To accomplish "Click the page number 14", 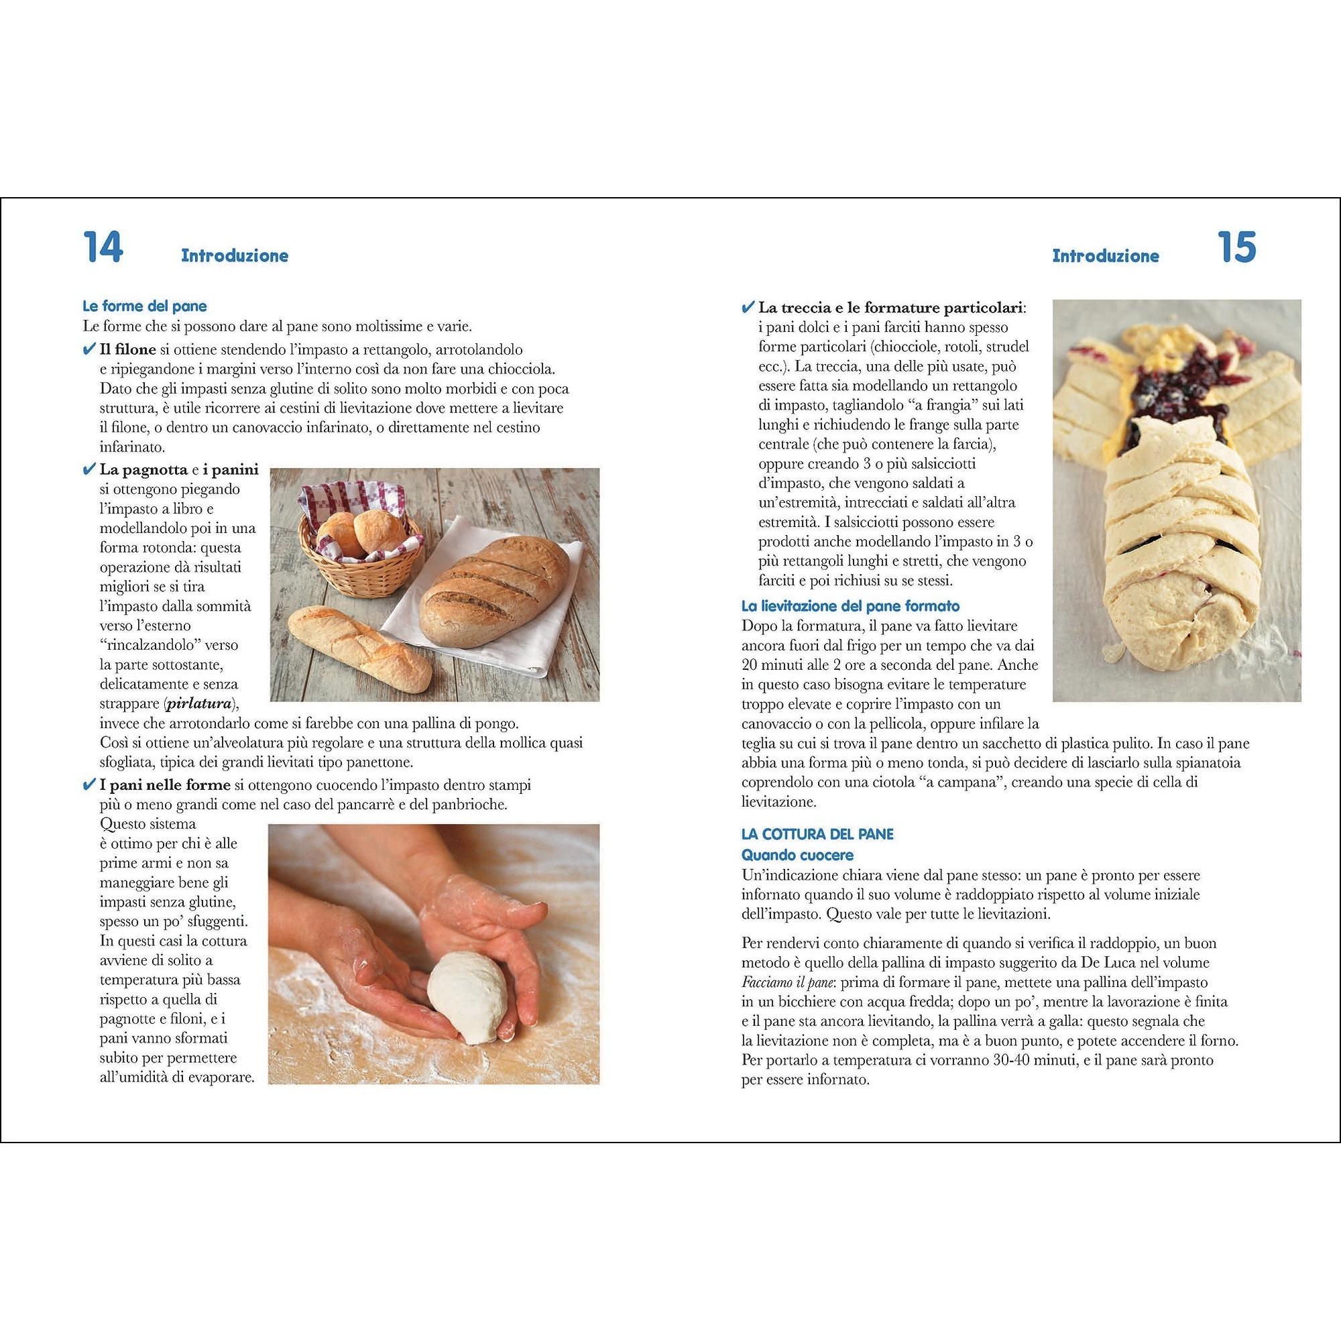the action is (x=102, y=247).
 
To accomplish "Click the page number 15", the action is (x=1237, y=247).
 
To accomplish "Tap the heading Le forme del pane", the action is (x=144, y=306).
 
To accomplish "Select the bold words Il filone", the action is (x=127, y=349).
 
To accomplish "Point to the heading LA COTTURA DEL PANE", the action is (x=817, y=834).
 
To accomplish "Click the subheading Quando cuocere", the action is (x=797, y=855).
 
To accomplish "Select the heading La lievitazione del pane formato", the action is (x=850, y=606).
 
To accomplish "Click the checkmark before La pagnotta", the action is (x=89, y=470).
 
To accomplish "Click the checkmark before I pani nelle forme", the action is (x=89, y=785).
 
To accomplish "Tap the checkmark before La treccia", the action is (x=748, y=307).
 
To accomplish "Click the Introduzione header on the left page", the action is (x=235, y=255).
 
